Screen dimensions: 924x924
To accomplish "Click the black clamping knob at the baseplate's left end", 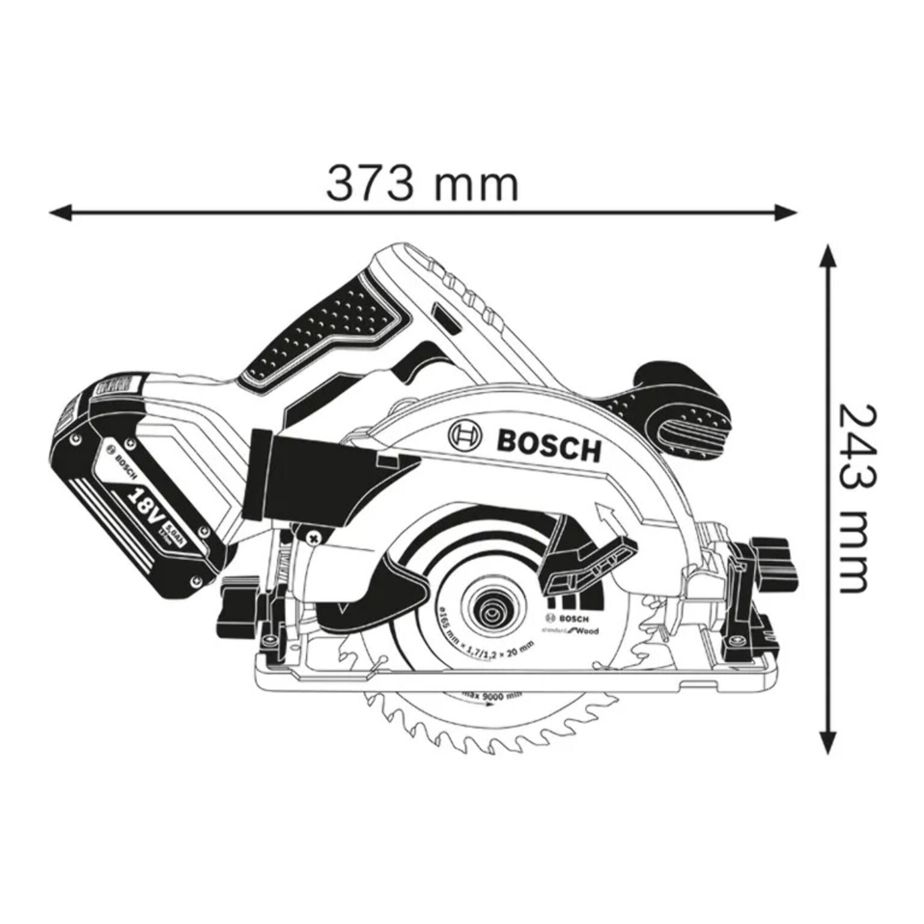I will click(239, 610).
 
